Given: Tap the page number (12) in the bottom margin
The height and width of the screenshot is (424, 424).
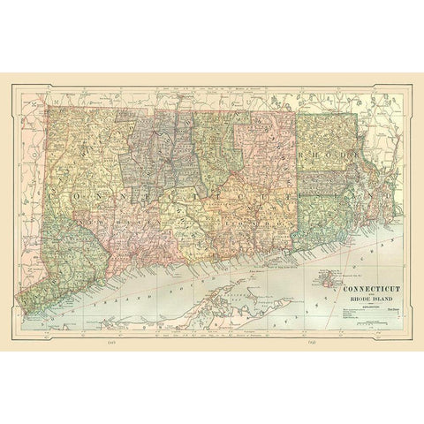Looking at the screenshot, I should [110, 340].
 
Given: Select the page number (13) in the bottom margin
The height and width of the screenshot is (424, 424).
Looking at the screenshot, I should [313, 340].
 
